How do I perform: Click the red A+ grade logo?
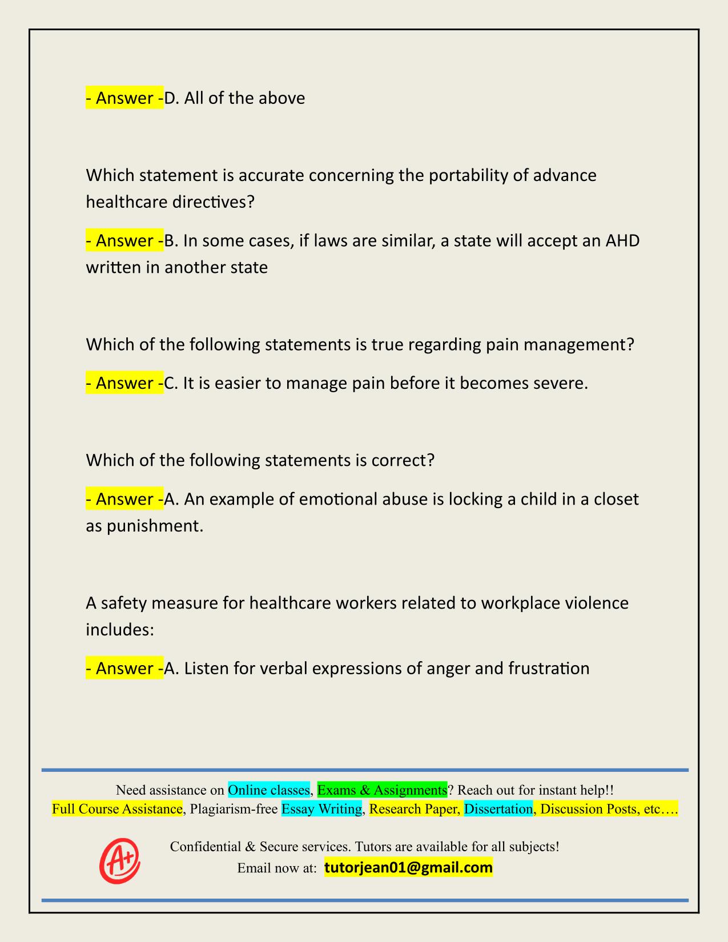[120, 859]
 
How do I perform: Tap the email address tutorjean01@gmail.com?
[408, 868]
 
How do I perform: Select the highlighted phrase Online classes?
[268, 790]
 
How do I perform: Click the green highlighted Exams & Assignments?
[382, 790]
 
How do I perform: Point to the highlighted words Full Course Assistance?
[117, 808]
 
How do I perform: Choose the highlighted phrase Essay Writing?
[322, 808]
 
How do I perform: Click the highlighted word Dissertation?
[498, 808]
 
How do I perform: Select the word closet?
[616, 499]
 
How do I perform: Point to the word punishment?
[154, 526]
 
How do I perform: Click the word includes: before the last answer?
[120, 629]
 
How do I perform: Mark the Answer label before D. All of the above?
[124, 98]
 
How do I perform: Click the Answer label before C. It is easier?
[124, 383]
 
